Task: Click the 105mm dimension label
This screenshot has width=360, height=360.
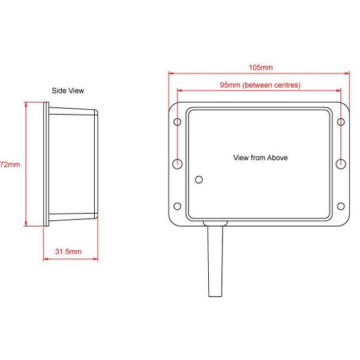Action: [260, 68]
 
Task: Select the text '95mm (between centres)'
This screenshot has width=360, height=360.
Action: [260, 85]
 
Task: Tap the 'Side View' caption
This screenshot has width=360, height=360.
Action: [67, 91]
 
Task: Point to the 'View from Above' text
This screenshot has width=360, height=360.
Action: [260, 158]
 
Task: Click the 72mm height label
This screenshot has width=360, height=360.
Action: [10, 164]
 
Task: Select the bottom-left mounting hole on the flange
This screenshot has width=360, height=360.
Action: [178, 206]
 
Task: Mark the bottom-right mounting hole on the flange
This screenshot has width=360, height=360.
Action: [341, 206]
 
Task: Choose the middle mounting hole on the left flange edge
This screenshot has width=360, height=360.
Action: [178, 163]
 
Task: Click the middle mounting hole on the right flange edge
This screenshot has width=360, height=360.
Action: [341, 163]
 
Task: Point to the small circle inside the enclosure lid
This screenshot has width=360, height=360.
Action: [200, 178]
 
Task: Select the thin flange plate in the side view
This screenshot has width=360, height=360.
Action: [46, 164]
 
